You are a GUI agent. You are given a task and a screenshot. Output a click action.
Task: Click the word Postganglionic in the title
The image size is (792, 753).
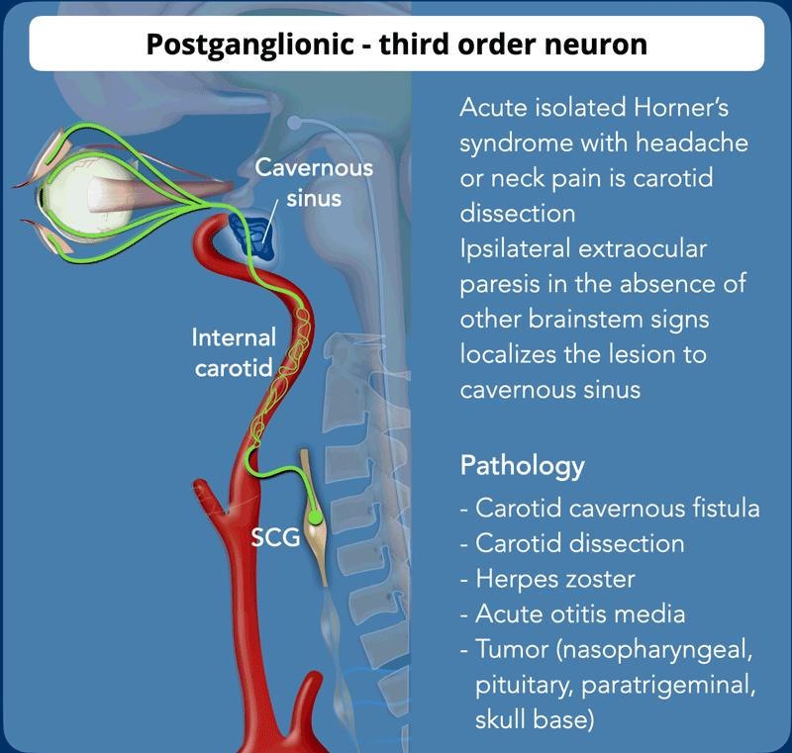[x=250, y=45]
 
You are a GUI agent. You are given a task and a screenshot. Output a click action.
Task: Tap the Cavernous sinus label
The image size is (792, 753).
[x=314, y=183]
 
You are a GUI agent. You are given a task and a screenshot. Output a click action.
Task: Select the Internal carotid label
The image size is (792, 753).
[x=234, y=352]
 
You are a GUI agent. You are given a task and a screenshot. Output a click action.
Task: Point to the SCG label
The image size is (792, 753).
[x=275, y=537]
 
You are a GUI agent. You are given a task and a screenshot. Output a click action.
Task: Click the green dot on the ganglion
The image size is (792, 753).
[x=315, y=517]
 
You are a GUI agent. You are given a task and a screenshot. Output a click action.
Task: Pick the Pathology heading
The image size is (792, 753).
[x=523, y=466]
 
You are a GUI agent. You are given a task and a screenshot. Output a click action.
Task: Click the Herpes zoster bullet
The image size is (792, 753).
[x=547, y=579]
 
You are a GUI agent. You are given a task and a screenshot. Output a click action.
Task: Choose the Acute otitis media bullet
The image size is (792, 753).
[x=573, y=614]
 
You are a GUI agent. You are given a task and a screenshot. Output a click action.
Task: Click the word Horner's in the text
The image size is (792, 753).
[x=681, y=108]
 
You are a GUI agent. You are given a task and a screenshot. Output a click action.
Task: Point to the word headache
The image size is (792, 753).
[x=692, y=142]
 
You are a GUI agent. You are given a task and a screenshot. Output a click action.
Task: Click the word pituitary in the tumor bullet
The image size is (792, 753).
[x=525, y=686]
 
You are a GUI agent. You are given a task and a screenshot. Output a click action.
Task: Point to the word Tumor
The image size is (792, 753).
[x=512, y=649]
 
